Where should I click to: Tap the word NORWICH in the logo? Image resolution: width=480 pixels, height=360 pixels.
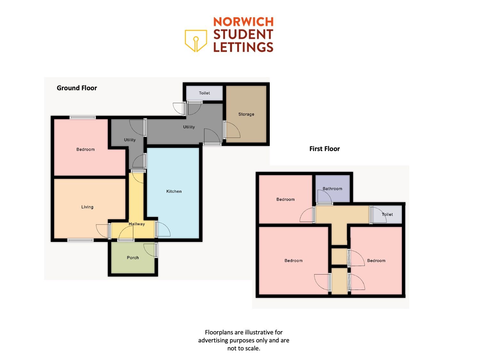pos(243,22)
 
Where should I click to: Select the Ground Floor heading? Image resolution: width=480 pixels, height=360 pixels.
pos(77,88)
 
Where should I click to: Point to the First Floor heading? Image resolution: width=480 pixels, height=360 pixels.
pos(324,149)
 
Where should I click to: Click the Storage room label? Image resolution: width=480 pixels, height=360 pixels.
pos(246,114)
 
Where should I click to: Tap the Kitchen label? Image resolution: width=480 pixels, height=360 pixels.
pos(174,191)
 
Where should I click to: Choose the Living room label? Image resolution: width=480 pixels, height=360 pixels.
pos(87,207)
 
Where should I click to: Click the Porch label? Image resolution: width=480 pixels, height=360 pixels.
pos(133,258)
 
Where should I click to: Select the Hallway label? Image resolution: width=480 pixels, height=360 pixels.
pos(137,224)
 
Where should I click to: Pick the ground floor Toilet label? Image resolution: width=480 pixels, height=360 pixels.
pos(204,93)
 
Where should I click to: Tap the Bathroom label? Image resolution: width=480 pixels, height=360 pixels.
pos(332,188)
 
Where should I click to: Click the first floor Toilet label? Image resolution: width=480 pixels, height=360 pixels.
pos(387,214)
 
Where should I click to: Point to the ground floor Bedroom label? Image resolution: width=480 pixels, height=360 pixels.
pos(85,149)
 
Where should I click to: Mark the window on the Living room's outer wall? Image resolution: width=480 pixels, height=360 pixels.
pos(80,240)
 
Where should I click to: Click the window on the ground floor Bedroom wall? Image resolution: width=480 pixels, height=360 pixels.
pos(83,117)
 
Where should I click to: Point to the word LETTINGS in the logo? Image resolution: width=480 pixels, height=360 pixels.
pos(243,47)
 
